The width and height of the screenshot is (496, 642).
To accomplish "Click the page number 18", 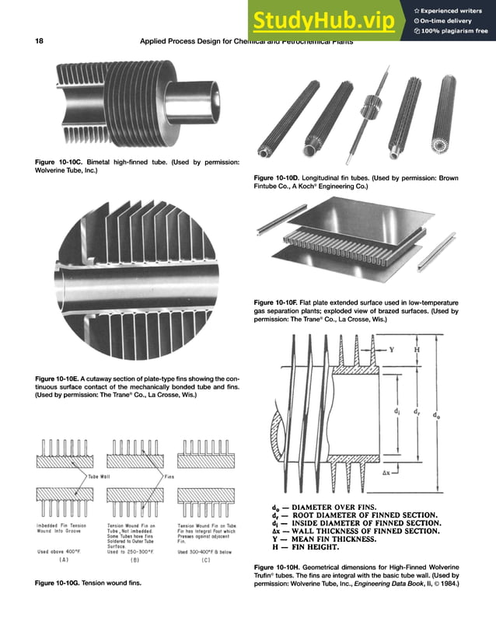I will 39,41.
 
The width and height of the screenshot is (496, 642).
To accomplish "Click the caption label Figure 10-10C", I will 60,162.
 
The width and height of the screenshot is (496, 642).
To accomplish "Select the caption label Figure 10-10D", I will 279,179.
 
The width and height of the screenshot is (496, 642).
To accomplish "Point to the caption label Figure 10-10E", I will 60,379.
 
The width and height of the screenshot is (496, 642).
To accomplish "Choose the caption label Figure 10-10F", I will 279,302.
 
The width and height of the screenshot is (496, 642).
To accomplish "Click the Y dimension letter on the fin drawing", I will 392,350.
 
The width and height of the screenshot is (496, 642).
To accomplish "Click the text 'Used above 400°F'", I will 59,551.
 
